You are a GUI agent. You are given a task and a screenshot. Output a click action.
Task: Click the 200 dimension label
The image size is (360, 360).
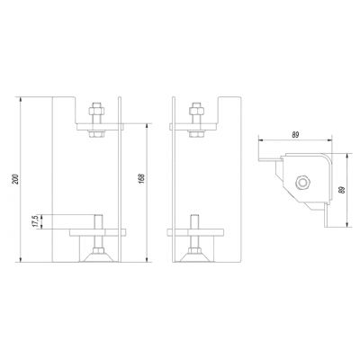17,179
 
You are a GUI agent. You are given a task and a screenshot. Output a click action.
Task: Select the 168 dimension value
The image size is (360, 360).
142,178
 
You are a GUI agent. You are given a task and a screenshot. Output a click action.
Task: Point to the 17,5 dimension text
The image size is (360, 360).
35,221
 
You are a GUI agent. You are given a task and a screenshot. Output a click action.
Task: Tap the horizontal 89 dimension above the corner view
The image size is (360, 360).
295,135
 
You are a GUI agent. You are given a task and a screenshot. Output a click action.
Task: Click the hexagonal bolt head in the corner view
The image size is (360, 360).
302,182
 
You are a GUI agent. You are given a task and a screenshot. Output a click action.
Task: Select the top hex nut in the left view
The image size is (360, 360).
96,111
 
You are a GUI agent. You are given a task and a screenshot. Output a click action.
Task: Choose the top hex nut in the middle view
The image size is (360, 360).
196,111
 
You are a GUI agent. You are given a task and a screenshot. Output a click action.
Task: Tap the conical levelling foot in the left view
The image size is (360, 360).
98,257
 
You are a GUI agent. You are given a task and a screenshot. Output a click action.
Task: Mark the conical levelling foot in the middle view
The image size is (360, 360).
196,257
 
